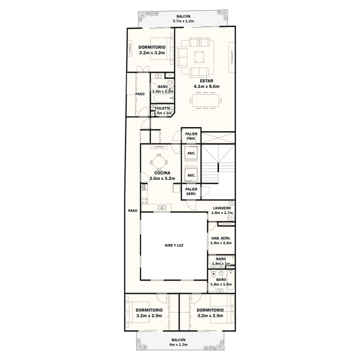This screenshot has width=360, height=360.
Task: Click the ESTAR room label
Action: (206, 81)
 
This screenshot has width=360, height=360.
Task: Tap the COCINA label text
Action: (162, 173)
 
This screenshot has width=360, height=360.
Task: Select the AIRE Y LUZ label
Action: (174, 245)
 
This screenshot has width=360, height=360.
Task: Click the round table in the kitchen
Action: (158, 162)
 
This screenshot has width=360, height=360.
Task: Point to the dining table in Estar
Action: (205, 100)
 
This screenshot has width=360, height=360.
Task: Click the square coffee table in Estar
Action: (199, 57)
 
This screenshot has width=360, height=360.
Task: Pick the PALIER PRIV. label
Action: (191, 136)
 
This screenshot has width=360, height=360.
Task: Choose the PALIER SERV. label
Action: (191, 191)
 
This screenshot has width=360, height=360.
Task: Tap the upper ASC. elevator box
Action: (191, 153)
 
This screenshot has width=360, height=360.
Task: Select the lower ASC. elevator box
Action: (191, 175)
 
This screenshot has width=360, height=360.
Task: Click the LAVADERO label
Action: (222, 208)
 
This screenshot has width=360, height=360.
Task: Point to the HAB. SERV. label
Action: (221, 238)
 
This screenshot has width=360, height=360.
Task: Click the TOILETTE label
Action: (162, 108)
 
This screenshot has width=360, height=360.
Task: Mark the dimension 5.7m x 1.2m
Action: (183, 21)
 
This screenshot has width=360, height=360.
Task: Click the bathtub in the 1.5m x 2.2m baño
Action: (163, 99)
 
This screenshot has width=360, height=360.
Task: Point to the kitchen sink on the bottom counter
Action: (162, 208)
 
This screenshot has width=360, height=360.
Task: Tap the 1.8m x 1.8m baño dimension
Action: (221, 284)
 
